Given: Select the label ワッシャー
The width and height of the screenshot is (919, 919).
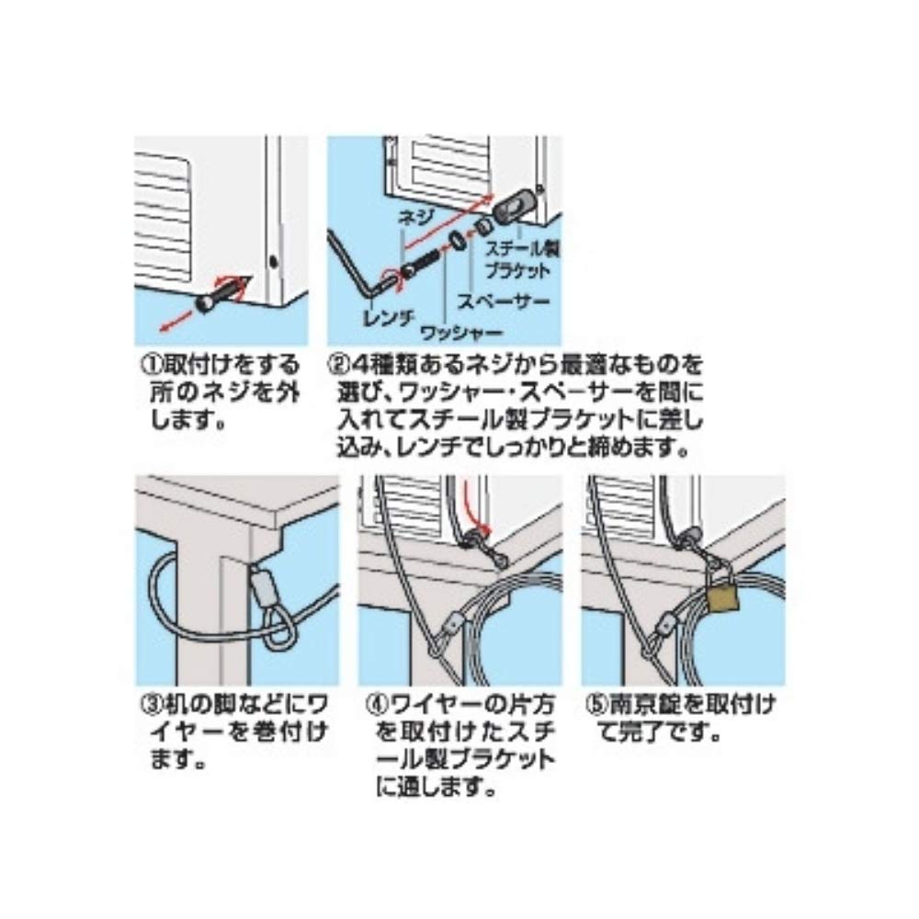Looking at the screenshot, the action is [x=462, y=335].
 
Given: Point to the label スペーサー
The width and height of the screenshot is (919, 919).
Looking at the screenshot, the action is [x=504, y=301].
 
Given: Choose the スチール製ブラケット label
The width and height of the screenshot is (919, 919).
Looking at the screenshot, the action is [x=522, y=260].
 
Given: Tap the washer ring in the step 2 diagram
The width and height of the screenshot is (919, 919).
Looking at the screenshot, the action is [x=458, y=240].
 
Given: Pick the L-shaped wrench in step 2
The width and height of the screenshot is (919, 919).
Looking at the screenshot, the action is [x=357, y=265].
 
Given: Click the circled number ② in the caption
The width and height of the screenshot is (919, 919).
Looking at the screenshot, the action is [x=339, y=366].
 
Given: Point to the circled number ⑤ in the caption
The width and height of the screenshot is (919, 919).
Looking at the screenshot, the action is [x=596, y=704].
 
